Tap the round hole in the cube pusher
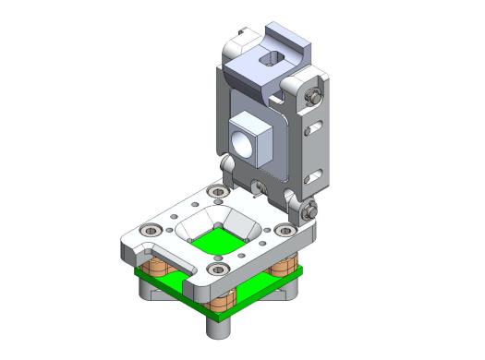click(x=242, y=144)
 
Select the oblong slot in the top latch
click(x=271, y=60)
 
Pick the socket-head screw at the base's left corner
click(x=146, y=229)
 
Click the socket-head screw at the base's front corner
click(x=218, y=269)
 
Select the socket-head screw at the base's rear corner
click(x=218, y=191)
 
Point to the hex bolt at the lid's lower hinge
click(x=306, y=210)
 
